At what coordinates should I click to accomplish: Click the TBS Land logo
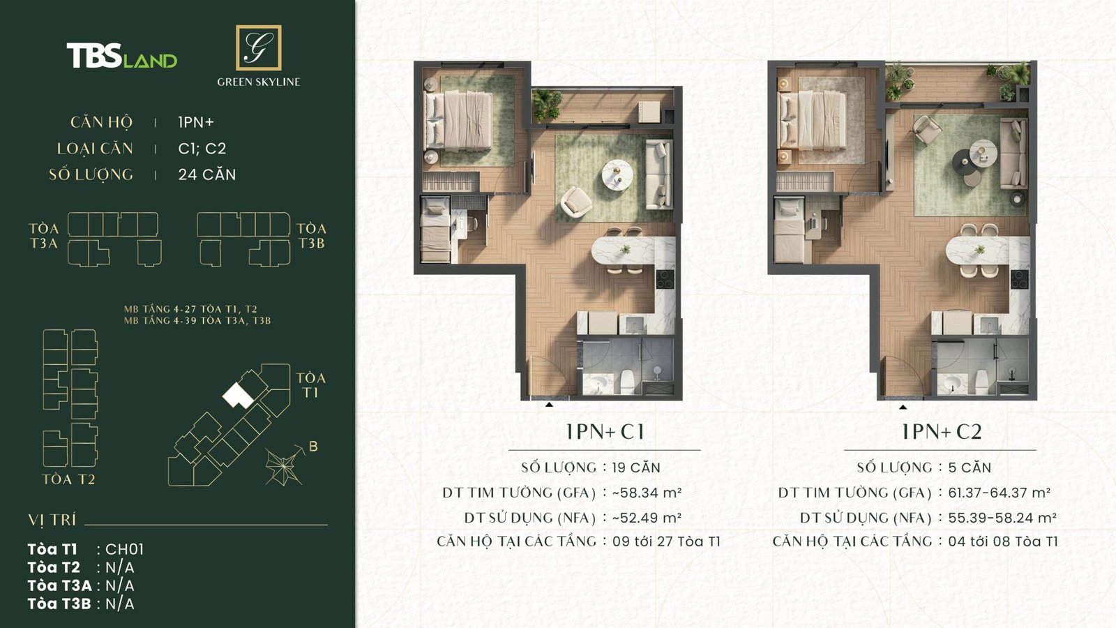click(x=122, y=56)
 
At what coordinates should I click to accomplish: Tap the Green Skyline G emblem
click(x=258, y=47)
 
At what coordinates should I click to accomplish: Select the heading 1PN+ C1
click(x=605, y=432)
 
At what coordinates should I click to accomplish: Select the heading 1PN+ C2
click(x=941, y=432)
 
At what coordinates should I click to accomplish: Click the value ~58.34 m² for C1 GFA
click(x=647, y=493)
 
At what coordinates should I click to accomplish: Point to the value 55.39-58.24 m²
click(x=1002, y=518)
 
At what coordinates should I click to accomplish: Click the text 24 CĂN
click(x=207, y=174)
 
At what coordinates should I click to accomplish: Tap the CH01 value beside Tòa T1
click(x=124, y=549)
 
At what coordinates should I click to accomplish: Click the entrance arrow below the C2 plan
click(x=903, y=406)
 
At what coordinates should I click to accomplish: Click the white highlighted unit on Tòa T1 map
click(x=238, y=396)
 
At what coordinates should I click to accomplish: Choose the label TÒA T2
click(x=68, y=479)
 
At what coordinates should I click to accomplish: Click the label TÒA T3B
click(x=311, y=236)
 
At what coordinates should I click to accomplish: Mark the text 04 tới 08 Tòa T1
click(x=1002, y=541)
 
